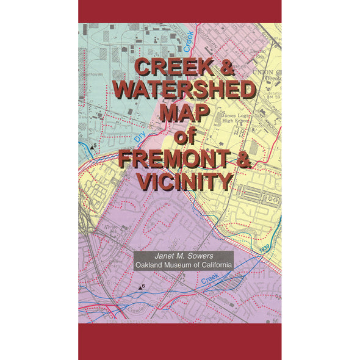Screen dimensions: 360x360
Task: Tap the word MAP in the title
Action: click(x=184, y=113)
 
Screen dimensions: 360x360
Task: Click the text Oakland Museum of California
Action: click(x=184, y=265)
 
